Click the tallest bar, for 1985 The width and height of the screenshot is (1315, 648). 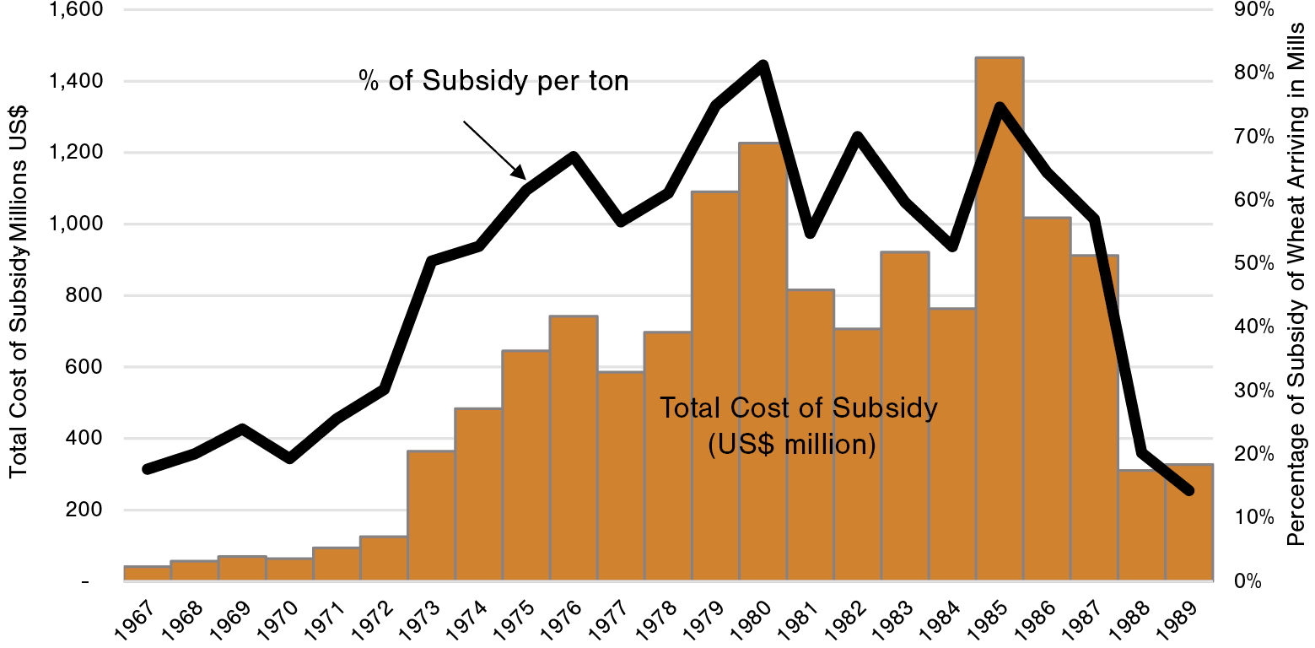[1000, 321]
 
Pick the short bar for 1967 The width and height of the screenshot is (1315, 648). [147, 574]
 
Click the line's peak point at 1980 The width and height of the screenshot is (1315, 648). [763, 65]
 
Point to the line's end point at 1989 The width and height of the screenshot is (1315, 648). [1189, 490]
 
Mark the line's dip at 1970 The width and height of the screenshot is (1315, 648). [289, 459]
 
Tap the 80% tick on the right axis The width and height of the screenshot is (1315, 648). [1256, 73]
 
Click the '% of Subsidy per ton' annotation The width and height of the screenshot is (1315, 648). [495, 82]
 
